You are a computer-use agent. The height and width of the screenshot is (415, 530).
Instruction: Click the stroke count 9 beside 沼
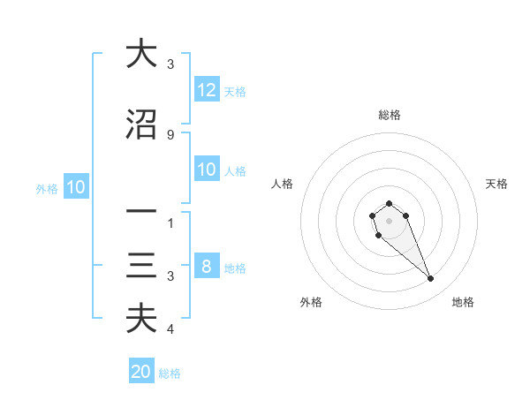coord(170,134)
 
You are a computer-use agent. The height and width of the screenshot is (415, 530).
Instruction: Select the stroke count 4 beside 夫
coord(170,329)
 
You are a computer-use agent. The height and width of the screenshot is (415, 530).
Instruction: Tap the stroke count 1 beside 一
coord(170,223)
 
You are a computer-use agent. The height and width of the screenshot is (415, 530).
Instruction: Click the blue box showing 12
coord(207,89)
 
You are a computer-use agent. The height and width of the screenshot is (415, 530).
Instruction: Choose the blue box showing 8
coord(207,267)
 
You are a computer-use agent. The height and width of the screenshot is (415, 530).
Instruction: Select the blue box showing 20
coord(141,372)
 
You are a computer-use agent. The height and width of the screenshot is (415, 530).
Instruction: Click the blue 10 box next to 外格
coord(75,187)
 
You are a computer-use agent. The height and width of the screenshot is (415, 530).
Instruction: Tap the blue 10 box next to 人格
coord(207,170)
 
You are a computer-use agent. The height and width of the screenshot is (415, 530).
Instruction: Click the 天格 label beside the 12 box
coord(235,91)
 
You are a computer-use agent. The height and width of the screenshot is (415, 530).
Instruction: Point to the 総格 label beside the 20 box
coord(170,373)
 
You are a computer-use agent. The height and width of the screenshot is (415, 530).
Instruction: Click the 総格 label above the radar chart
coord(389,115)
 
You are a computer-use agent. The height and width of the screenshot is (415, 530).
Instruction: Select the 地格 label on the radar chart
coord(463,302)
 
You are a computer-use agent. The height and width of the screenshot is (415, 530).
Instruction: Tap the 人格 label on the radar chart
coord(283,184)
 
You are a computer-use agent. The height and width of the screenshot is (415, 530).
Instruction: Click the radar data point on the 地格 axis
coord(431,279)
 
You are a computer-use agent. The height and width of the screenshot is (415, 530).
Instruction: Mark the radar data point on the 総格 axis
coord(389,204)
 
